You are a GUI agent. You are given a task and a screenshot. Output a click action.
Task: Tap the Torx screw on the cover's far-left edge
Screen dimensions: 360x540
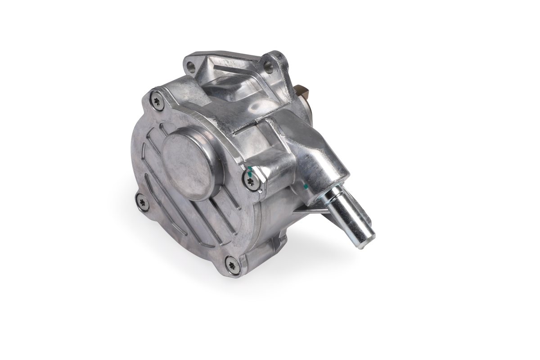142,201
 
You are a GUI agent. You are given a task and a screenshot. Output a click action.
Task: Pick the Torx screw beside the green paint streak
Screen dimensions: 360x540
252,181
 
